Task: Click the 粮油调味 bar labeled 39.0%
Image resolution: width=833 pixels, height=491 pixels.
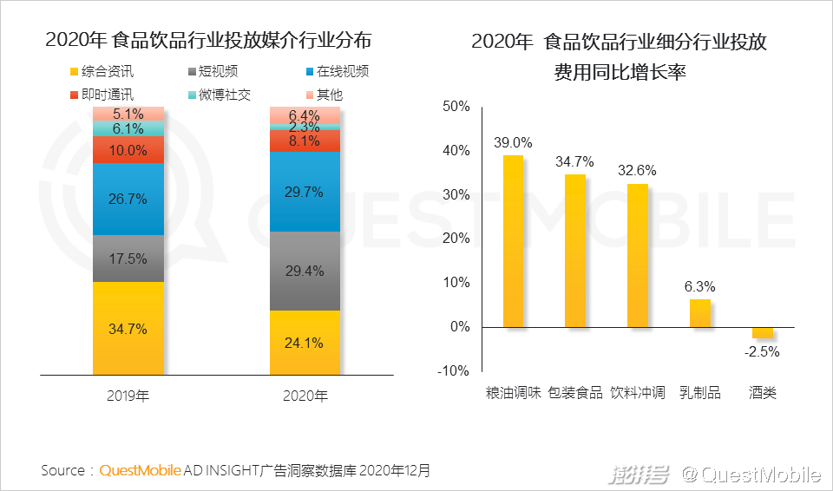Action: point(513,241)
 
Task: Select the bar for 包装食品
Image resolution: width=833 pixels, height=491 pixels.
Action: point(575,251)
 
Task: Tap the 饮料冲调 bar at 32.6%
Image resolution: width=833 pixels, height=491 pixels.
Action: point(638,255)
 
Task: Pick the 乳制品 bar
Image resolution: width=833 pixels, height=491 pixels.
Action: point(700,312)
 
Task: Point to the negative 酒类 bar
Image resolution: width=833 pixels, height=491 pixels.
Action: point(763,332)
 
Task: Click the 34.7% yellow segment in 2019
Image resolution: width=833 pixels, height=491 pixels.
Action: point(128,328)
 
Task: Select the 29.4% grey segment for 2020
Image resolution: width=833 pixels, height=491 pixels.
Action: point(305,271)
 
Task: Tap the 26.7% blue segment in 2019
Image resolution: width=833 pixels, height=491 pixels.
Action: point(128,199)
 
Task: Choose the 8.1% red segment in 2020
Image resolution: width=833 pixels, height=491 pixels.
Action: point(305,140)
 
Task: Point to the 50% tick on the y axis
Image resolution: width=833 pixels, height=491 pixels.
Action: point(456,107)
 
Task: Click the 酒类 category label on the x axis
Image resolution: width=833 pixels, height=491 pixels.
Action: point(763,393)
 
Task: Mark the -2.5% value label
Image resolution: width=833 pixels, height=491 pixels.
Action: point(764,351)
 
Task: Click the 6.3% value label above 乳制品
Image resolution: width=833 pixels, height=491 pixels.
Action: point(700,287)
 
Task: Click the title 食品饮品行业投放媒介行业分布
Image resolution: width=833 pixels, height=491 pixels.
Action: point(208,41)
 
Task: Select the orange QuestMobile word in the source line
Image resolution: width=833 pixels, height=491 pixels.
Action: point(140,471)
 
